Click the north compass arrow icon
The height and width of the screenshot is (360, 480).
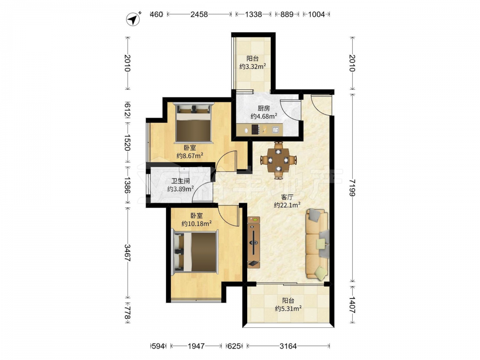[133, 19]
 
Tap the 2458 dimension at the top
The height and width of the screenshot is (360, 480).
[199, 14]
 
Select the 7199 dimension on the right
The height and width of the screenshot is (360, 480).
[352, 188]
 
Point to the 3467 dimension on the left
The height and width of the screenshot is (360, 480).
[128, 252]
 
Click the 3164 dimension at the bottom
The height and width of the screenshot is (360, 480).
[288, 346]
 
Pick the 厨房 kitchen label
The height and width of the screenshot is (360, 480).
[264, 108]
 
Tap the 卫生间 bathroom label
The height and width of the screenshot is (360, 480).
[180, 181]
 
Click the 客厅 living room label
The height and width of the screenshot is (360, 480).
[287, 197]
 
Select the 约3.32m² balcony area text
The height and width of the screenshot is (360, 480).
[252, 66]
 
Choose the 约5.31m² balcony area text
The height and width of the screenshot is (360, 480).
[288, 308]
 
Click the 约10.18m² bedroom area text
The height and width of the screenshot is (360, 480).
[196, 224]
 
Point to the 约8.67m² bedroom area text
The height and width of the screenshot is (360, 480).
[190, 156]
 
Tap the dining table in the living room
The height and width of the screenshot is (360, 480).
[278, 160]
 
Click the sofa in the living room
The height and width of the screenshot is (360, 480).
[317, 244]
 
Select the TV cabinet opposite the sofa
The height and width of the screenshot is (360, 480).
[253, 242]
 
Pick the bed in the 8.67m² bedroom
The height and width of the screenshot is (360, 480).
[193, 123]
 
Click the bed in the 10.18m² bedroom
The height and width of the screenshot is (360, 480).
[195, 252]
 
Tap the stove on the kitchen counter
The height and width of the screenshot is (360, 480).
[255, 130]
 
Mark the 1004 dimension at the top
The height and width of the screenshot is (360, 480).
[316, 14]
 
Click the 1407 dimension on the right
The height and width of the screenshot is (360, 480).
[352, 305]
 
